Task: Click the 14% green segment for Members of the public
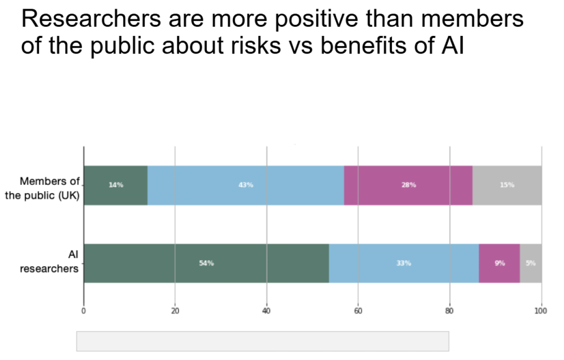click(x=116, y=185)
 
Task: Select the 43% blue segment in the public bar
click(x=246, y=185)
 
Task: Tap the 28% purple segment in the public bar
click(x=408, y=185)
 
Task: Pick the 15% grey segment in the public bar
click(x=507, y=185)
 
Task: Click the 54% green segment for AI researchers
click(x=206, y=263)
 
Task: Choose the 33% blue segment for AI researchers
click(x=404, y=263)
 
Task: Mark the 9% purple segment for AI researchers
click(x=499, y=263)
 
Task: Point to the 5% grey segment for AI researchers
click(x=530, y=263)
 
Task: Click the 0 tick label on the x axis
click(x=84, y=310)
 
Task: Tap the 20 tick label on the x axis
click(x=175, y=310)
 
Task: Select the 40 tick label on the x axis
click(x=266, y=310)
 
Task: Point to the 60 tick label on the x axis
click(x=358, y=310)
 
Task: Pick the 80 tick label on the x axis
click(x=449, y=310)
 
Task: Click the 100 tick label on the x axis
click(x=540, y=310)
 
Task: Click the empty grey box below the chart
click(x=262, y=341)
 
